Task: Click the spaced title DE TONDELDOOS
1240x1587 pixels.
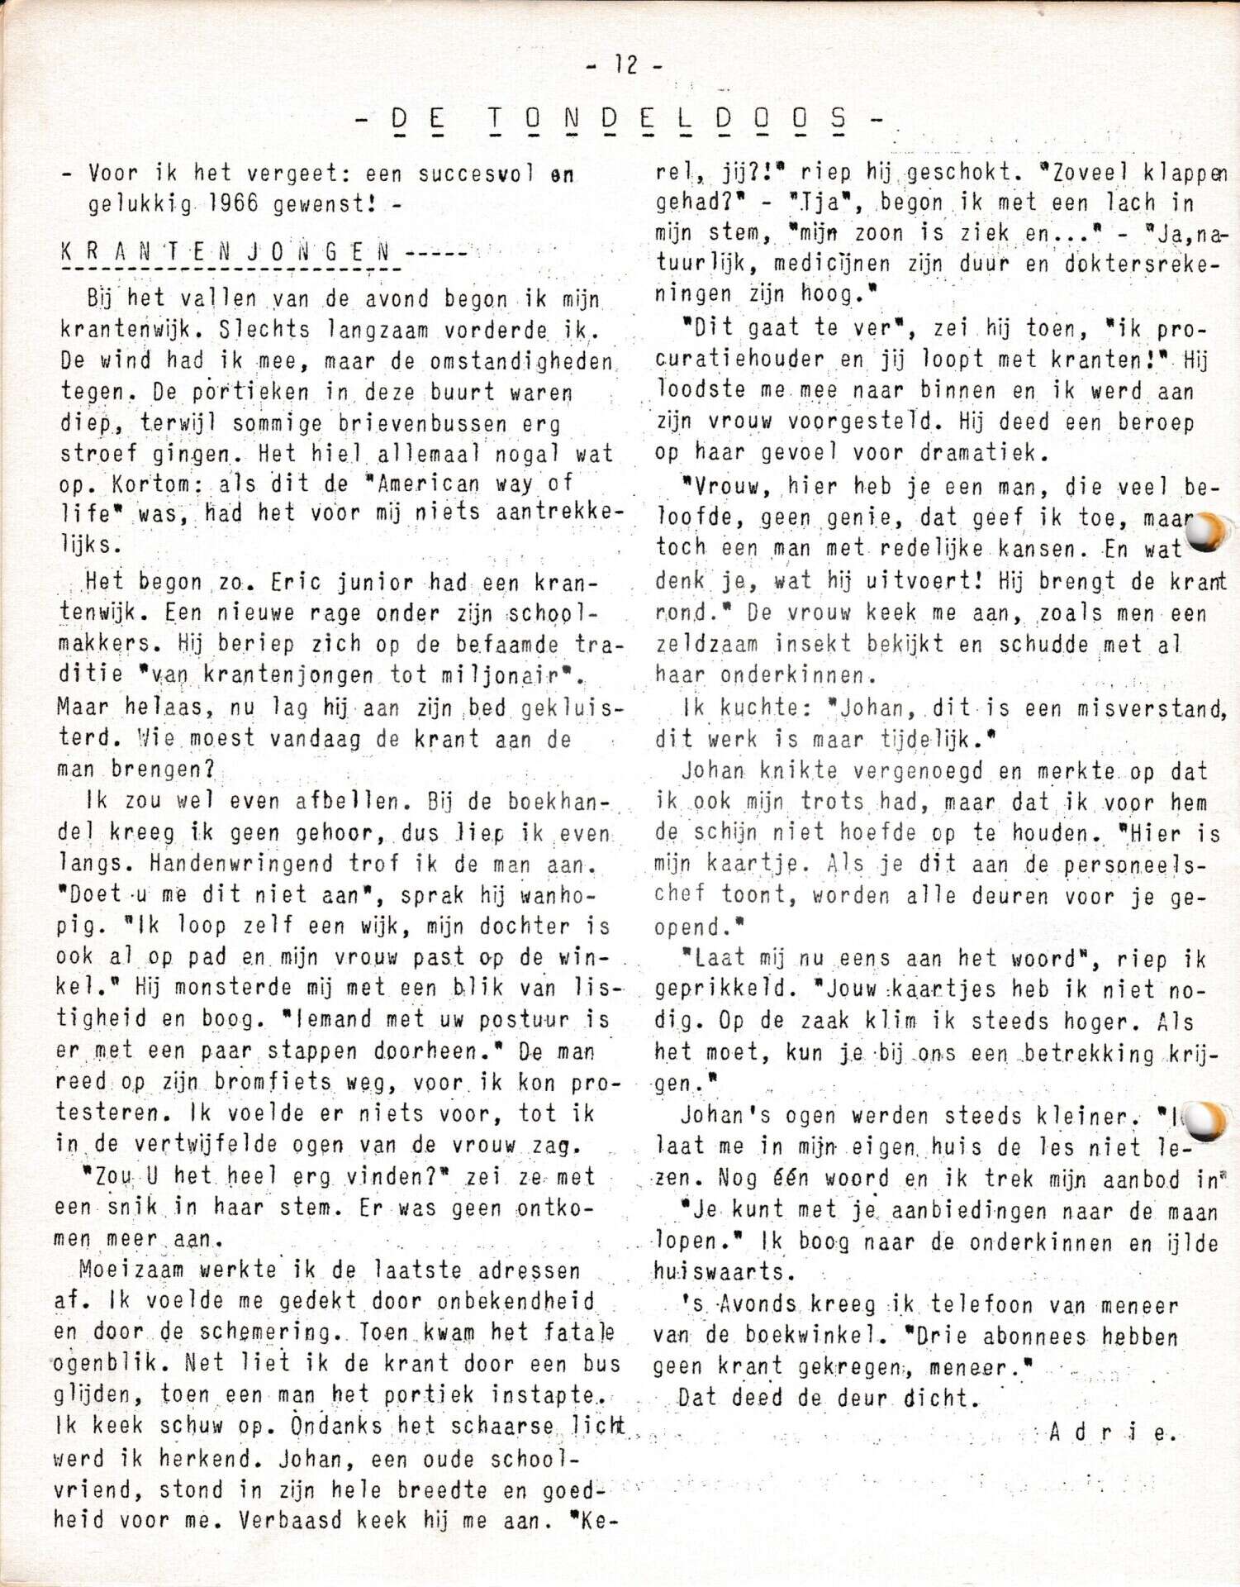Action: coord(620,120)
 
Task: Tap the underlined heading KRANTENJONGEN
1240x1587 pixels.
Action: coord(225,252)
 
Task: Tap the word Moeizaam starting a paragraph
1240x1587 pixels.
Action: coord(132,1270)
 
